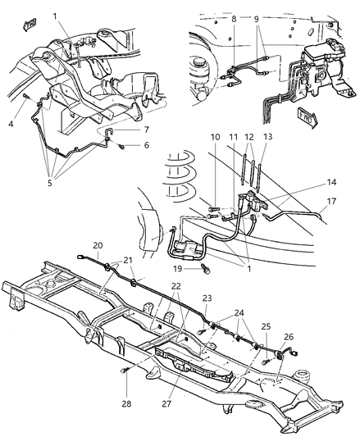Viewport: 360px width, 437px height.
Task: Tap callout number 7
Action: (x=146, y=130)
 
